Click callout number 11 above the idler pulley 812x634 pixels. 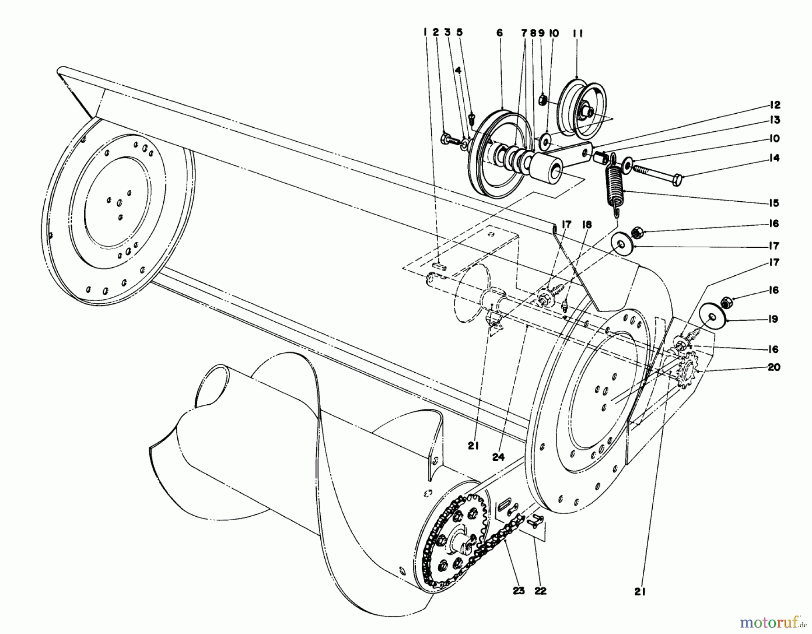[578, 33]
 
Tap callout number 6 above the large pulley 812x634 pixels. [499, 33]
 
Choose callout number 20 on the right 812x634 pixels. [774, 367]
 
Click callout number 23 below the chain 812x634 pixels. [519, 591]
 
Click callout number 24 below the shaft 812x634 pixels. [497, 457]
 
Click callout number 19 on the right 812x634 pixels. [773, 319]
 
